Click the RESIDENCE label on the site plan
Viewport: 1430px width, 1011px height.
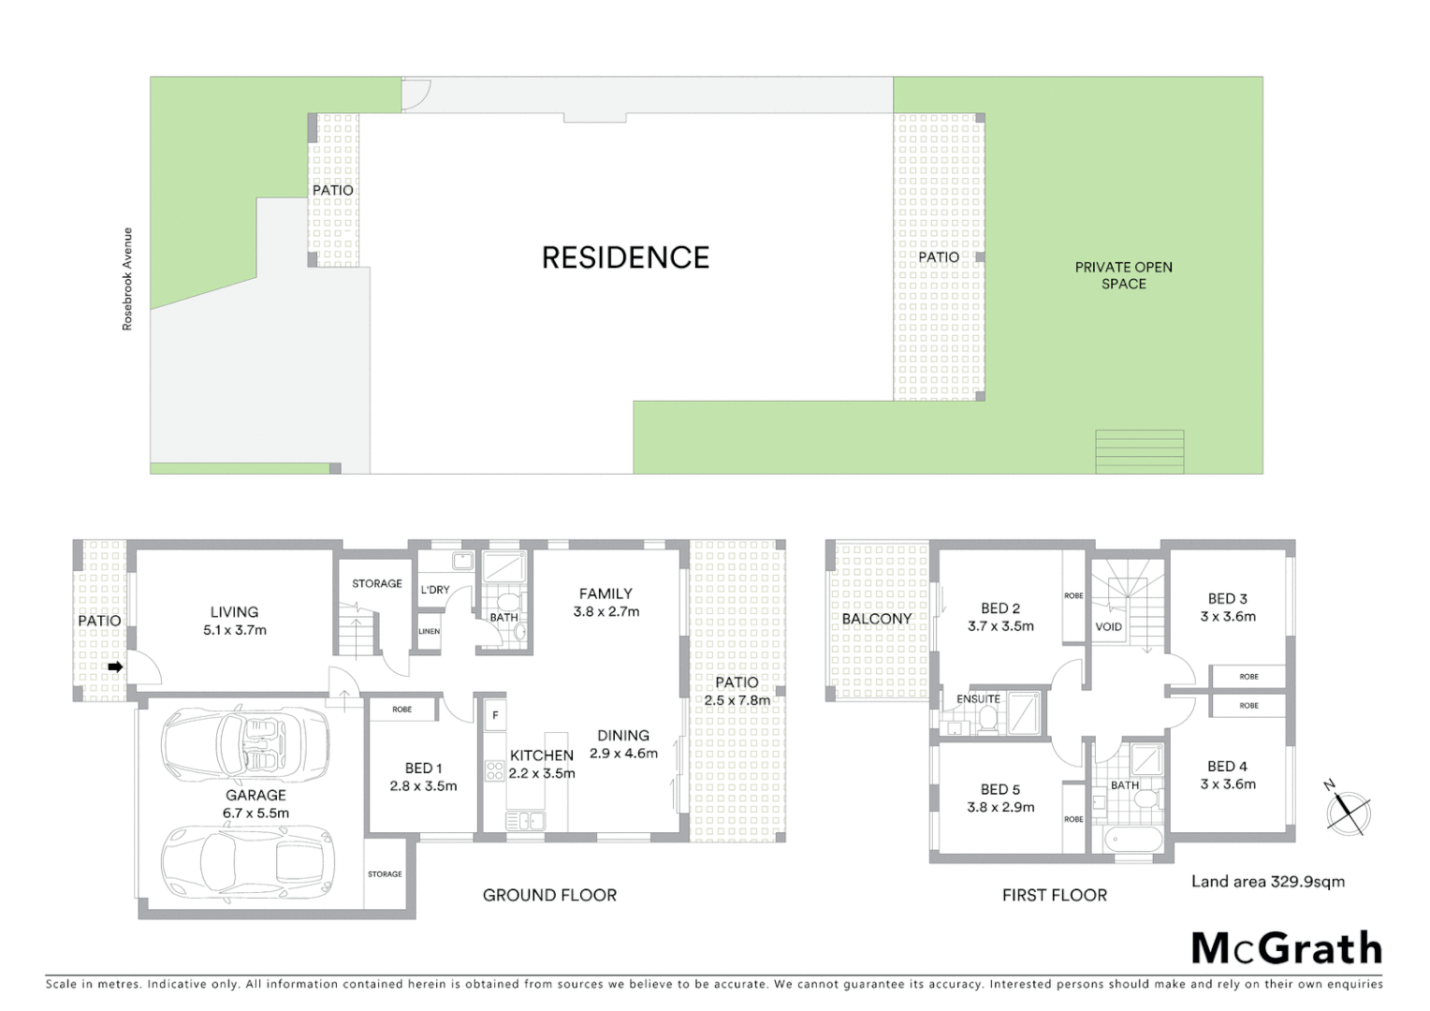[625, 257]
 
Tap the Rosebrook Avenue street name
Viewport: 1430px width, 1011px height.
[127, 279]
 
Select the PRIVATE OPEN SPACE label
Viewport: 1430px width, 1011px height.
[1123, 275]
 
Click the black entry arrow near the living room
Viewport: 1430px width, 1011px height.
[115, 667]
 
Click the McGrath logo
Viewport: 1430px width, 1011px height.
[1286, 948]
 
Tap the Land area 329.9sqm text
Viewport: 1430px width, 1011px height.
[1267, 881]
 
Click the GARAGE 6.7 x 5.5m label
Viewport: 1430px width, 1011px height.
[255, 804]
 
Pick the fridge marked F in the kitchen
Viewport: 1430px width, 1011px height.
[494, 716]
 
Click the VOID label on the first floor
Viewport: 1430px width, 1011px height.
[1108, 627]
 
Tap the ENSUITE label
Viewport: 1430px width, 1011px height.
[978, 699]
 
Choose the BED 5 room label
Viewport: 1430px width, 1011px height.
[1000, 798]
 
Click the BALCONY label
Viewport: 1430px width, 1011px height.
[876, 619]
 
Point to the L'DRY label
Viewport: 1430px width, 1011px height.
[434, 590]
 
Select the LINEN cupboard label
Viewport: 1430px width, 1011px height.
[429, 632]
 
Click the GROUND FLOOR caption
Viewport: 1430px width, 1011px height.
[549, 895]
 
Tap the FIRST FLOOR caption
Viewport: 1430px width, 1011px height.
[1054, 895]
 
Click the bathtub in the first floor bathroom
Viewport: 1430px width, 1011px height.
[1132, 838]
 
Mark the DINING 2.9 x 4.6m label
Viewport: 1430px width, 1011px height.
[623, 744]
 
